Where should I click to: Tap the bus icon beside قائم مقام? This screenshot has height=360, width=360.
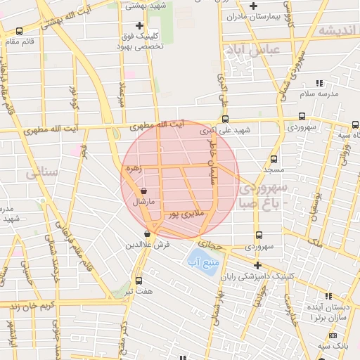pos(19,31)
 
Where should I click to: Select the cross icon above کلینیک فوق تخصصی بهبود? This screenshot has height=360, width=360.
pos(139,26)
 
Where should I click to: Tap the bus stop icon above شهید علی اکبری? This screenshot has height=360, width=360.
pos(225,120)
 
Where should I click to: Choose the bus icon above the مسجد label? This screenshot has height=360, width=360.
pos(274,159)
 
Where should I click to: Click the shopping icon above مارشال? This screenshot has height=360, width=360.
pos(144,191)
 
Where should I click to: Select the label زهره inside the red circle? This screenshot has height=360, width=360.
pos(132,169)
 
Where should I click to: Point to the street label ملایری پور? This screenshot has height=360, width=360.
pos(184,212)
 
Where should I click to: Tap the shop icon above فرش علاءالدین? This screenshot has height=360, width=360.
pos(147,234)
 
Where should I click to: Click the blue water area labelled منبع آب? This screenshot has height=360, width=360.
pos(204,263)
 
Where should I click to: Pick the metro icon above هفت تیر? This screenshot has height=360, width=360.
pos(139,280)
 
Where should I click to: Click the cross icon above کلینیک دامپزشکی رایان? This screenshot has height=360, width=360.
pos(258,265)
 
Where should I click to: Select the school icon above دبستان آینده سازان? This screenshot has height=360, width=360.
pos(328,295)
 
